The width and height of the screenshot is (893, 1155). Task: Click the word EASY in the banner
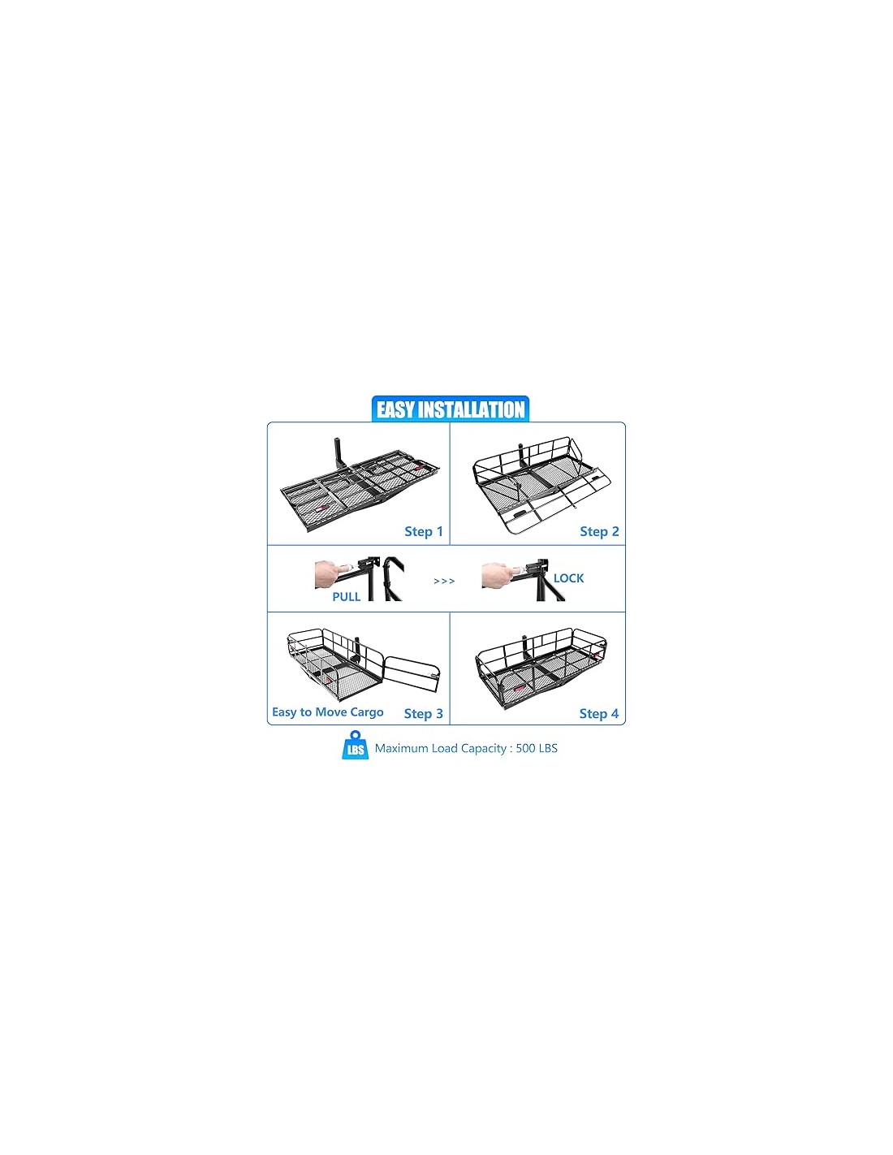395,410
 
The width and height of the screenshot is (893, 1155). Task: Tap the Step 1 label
424,531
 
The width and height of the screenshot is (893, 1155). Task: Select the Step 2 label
599,531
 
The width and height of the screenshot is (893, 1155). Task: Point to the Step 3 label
424,713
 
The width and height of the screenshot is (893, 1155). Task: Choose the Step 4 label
598,713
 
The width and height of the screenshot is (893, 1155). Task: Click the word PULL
347,597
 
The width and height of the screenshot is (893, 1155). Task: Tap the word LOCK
568,578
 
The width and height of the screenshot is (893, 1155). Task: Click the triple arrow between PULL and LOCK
444,581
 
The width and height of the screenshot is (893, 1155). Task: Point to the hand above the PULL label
330,574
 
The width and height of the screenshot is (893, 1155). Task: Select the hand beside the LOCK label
497,576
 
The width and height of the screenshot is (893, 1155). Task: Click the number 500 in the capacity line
525,748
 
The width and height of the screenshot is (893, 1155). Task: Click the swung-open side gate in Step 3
412,674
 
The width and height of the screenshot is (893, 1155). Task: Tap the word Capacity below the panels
483,749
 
